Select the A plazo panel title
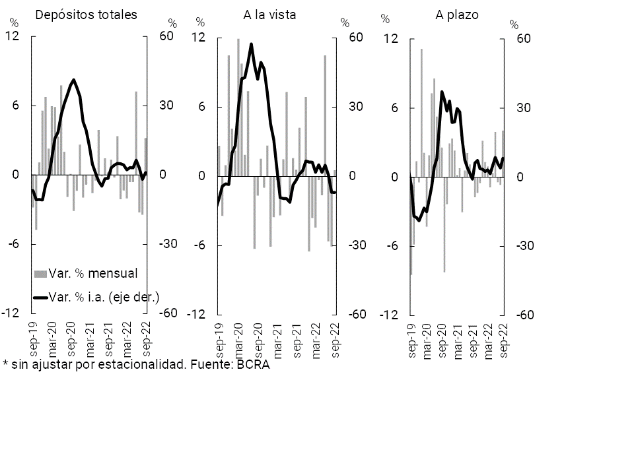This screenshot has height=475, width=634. tap(456, 14)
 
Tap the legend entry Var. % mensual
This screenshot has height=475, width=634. tap(93, 272)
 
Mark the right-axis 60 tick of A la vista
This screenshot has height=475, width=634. tap(356, 38)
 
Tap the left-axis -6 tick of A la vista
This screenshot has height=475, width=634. tap(201, 245)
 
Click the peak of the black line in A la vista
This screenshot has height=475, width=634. tap(251, 44)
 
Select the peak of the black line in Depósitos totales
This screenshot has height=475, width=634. tap(73, 80)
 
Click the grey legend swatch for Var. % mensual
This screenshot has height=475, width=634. tap(40, 273)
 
